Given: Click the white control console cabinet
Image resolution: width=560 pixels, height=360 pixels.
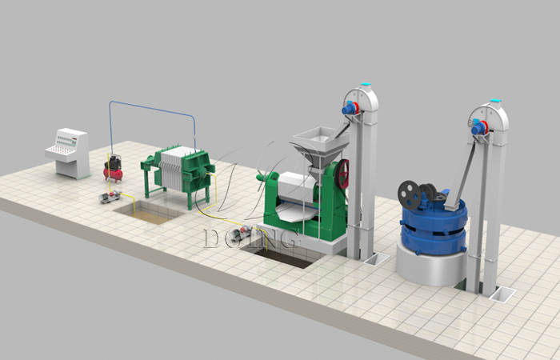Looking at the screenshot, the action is pyautogui.click(x=68, y=153).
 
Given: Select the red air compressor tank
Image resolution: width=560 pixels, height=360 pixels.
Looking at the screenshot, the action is pyautogui.click(x=114, y=174).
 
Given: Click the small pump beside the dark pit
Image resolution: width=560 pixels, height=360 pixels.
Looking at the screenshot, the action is pyautogui.click(x=240, y=234).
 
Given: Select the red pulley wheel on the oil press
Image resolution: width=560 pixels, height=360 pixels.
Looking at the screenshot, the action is pyautogui.click(x=343, y=174).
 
